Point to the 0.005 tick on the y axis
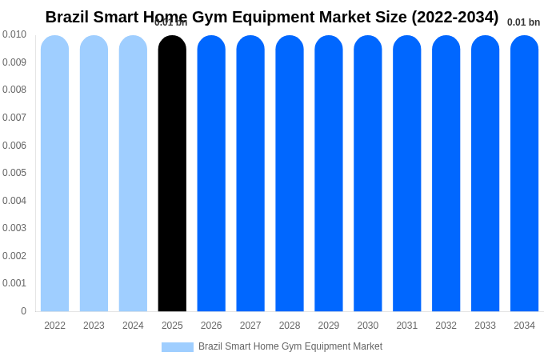coord(14,173)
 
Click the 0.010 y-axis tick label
coord(14,34)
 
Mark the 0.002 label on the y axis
coord(14,256)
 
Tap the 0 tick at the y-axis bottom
coord(23,311)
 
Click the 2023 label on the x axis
coord(94,326)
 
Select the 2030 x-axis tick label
coord(368,326)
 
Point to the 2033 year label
coord(485,326)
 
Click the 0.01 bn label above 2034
coord(523,22)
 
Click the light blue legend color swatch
coord(177,347)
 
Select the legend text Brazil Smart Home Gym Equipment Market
coord(290,346)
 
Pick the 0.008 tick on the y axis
coord(14,90)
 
